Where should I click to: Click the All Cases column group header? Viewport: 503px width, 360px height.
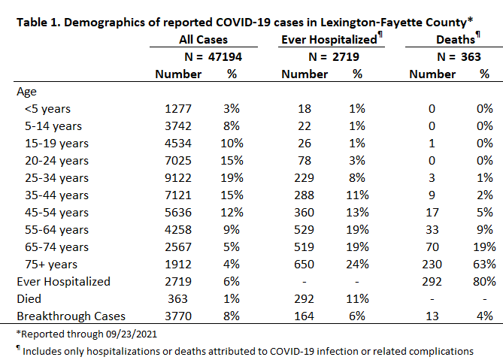(x=203, y=39)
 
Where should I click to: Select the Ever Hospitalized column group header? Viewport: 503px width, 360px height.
(x=329, y=39)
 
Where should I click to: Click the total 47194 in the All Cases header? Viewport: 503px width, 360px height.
(x=225, y=56)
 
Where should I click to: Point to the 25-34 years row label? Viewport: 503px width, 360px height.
(x=56, y=178)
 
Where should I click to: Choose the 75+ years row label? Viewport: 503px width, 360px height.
(x=51, y=265)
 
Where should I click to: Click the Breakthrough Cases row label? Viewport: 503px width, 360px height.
(x=71, y=316)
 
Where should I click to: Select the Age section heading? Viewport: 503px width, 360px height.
(x=26, y=92)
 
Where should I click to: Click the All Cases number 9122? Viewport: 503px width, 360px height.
(x=178, y=178)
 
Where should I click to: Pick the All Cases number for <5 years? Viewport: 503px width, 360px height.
(x=178, y=109)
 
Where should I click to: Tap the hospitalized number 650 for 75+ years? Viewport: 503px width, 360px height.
(x=304, y=265)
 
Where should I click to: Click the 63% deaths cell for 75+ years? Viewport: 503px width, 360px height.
(x=484, y=265)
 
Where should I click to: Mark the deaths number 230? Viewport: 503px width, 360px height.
(x=432, y=265)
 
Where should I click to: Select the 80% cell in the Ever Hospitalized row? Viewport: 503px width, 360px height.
(x=484, y=282)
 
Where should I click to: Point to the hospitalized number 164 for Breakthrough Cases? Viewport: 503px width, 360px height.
(x=304, y=316)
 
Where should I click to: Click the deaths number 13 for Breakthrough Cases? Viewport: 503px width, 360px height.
(x=432, y=316)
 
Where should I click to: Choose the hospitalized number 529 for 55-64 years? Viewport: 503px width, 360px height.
(x=304, y=230)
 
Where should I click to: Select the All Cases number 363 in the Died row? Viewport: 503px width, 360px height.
(x=177, y=299)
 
